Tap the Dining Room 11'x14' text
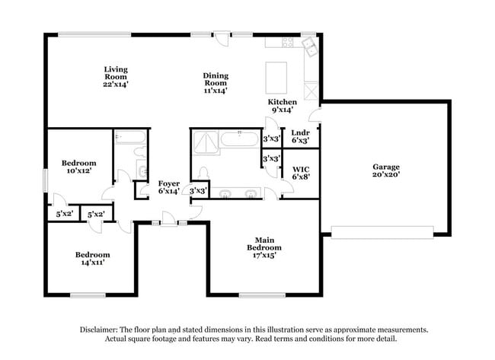(x=216, y=82)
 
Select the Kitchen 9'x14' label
(x=281, y=106)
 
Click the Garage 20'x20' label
(x=385, y=170)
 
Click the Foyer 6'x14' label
(x=168, y=187)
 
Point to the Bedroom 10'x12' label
(x=78, y=167)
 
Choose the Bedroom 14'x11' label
(x=91, y=258)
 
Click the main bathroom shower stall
(x=204, y=140)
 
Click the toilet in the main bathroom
(x=205, y=173)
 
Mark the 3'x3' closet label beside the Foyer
(x=198, y=190)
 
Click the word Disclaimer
(x=99, y=330)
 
